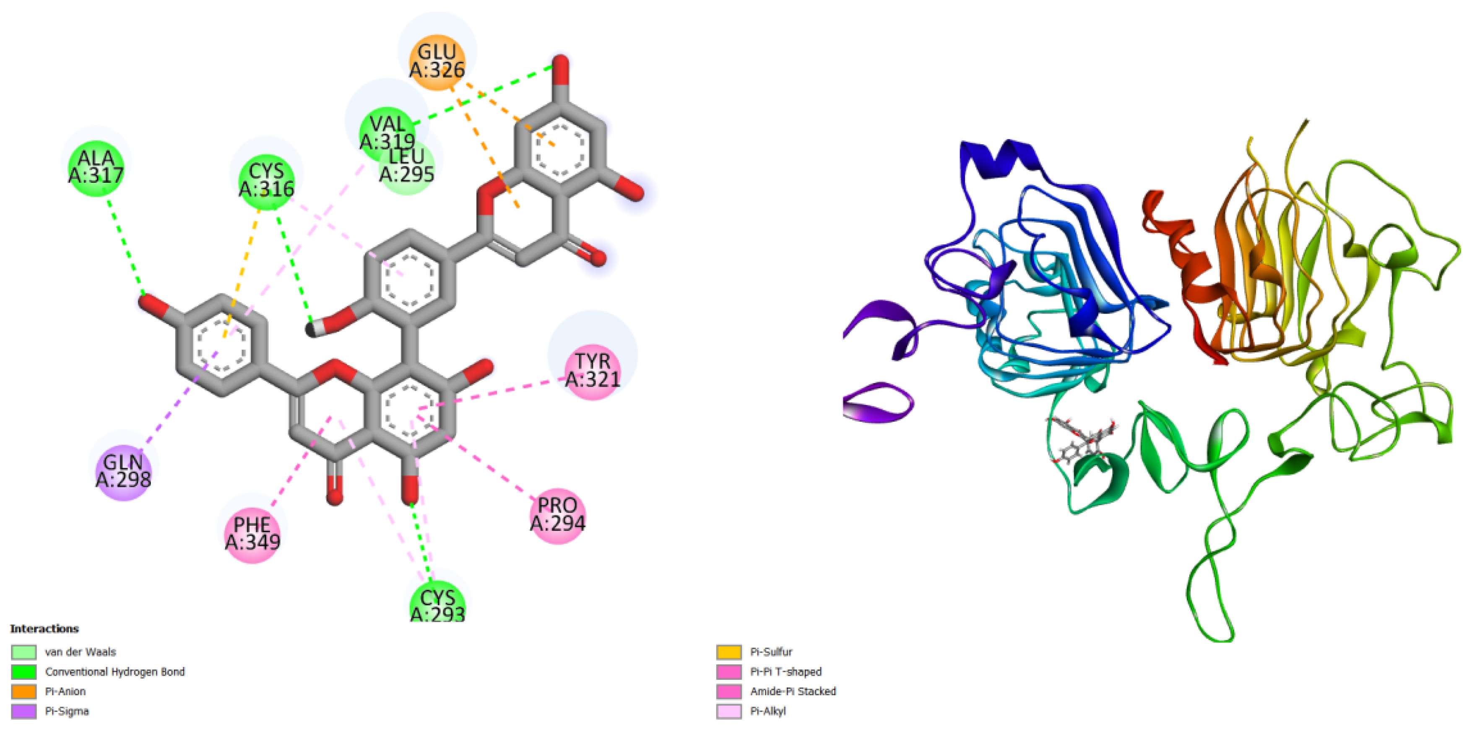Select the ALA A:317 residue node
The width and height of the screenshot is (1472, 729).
(x=96, y=167)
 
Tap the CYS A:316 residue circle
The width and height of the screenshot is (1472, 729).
(x=266, y=179)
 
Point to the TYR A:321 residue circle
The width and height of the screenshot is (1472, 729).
(x=593, y=370)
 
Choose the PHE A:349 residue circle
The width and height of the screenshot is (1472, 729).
(x=252, y=534)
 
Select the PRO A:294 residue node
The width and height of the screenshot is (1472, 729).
(x=558, y=515)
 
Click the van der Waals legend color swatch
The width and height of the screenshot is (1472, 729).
(x=23, y=652)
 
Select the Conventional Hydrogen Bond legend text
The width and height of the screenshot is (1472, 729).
(x=115, y=672)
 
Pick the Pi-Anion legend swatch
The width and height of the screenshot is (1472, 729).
(x=23, y=692)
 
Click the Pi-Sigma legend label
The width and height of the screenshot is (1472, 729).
(x=67, y=711)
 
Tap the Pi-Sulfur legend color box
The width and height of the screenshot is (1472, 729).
(x=728, y=652)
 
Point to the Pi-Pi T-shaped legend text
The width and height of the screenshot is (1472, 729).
(x=786, y=672)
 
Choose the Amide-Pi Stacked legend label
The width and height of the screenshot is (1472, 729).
(x=793, y=691)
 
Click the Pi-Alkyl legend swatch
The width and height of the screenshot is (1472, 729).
(x=728, y=711)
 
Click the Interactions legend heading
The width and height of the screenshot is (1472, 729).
(x=44, y=628)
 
